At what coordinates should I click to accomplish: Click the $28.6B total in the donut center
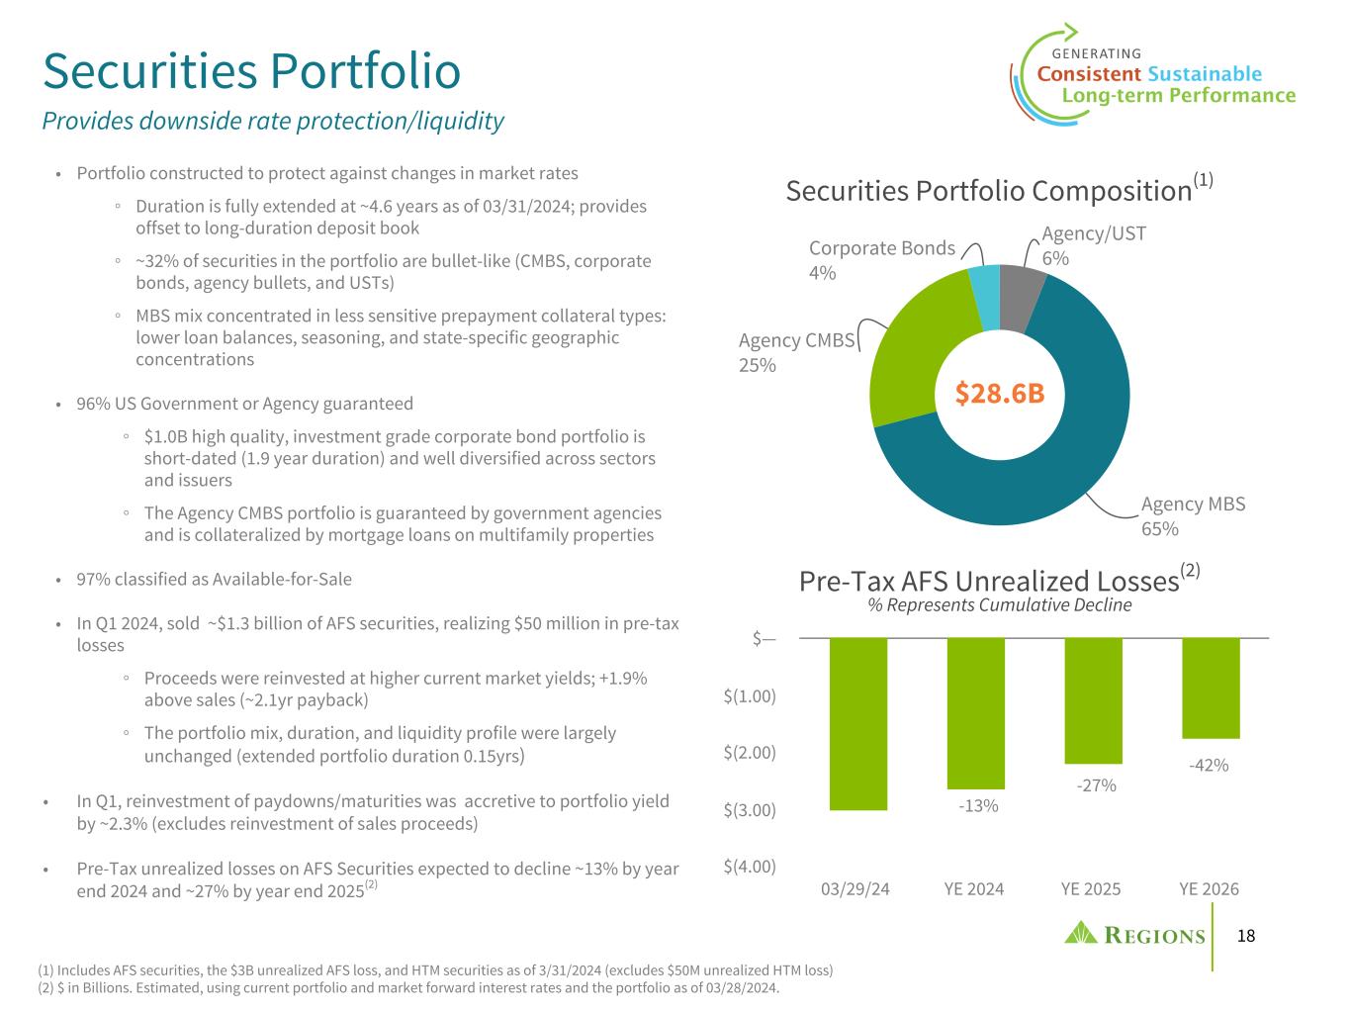1000,393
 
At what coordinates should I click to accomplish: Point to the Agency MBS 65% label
1193,516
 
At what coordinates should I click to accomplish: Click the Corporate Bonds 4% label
881,259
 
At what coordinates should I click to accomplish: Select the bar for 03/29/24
858,724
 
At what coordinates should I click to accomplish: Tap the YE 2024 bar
975,713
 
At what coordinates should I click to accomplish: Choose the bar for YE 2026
1211,689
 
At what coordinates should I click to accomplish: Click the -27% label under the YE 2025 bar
1096,785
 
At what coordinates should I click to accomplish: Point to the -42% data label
1209,765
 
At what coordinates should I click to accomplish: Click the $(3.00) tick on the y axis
749,810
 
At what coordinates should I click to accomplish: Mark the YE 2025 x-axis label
1091,888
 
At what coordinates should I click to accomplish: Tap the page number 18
1245,936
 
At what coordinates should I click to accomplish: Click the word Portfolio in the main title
366,71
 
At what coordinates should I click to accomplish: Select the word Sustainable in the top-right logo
1205,74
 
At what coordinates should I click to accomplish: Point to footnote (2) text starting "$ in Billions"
408,988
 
